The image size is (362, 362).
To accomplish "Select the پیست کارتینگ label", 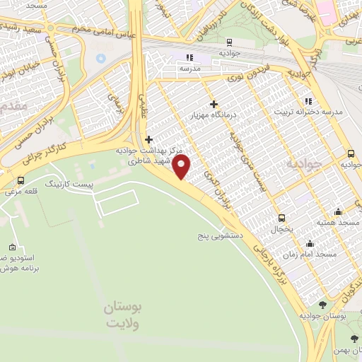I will point(69,183).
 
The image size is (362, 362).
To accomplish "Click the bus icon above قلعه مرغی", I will point(21,180).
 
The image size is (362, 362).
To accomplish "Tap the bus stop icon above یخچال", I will point(281,218).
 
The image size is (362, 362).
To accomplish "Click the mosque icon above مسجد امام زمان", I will point(337,241).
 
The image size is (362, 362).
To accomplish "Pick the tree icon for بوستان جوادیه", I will point(323,305).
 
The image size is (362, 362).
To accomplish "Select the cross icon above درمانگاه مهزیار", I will point(213,104).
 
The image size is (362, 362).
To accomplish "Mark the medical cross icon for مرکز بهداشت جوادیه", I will point(148,139).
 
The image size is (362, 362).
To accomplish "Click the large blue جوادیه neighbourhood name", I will point(303,164).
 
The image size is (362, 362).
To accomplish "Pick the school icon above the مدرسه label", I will point(189,57).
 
